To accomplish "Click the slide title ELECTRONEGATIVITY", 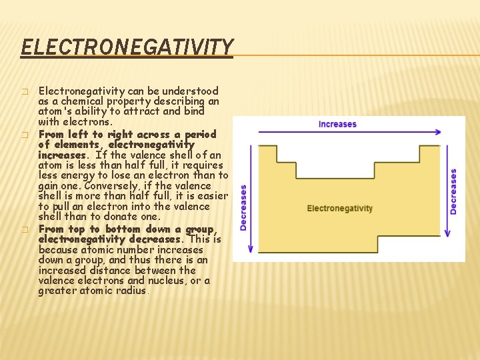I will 127,47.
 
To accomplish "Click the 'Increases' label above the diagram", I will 337,124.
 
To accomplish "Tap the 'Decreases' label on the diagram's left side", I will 243,208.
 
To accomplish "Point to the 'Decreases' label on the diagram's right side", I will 454,191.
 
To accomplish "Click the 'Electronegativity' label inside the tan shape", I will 339,208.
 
